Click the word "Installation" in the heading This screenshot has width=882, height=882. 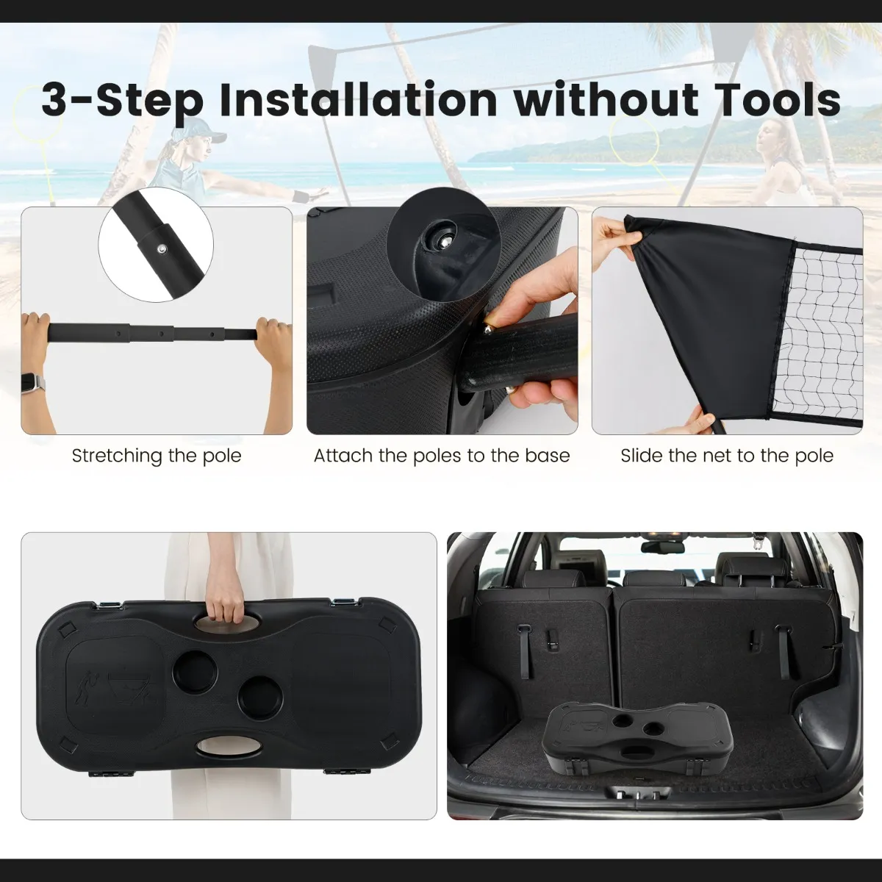coord(359,99)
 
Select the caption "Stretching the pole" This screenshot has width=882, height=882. coord(157,456)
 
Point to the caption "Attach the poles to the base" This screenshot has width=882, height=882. coord(442,456)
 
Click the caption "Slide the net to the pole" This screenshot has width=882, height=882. coord(727,456)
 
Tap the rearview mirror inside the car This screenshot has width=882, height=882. coord(662,547)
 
